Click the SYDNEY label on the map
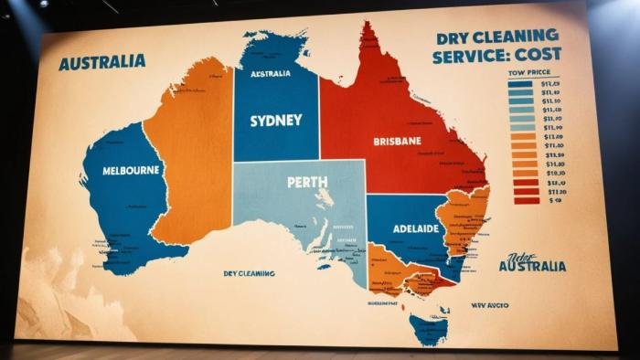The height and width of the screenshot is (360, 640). tap(275, 121)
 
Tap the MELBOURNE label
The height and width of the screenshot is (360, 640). tap(132, 170)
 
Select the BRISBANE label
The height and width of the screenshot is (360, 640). tap(397, 142)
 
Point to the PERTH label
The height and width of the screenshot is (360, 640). tap(307, 182)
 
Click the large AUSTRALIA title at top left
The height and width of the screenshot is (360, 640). tap(101, 62)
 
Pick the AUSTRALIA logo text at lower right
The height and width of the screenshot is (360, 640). tap(532, 266)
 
